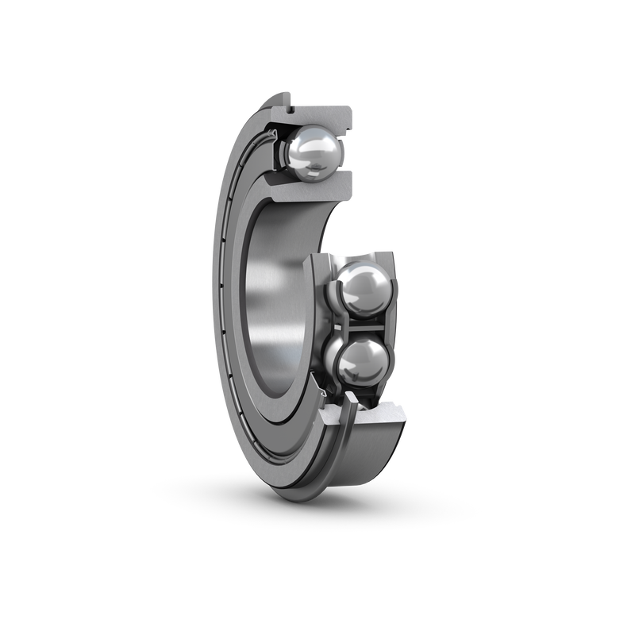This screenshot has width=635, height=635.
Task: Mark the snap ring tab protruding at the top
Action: (x=283, y=98)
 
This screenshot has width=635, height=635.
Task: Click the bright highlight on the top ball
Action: (x=306, y=143)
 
